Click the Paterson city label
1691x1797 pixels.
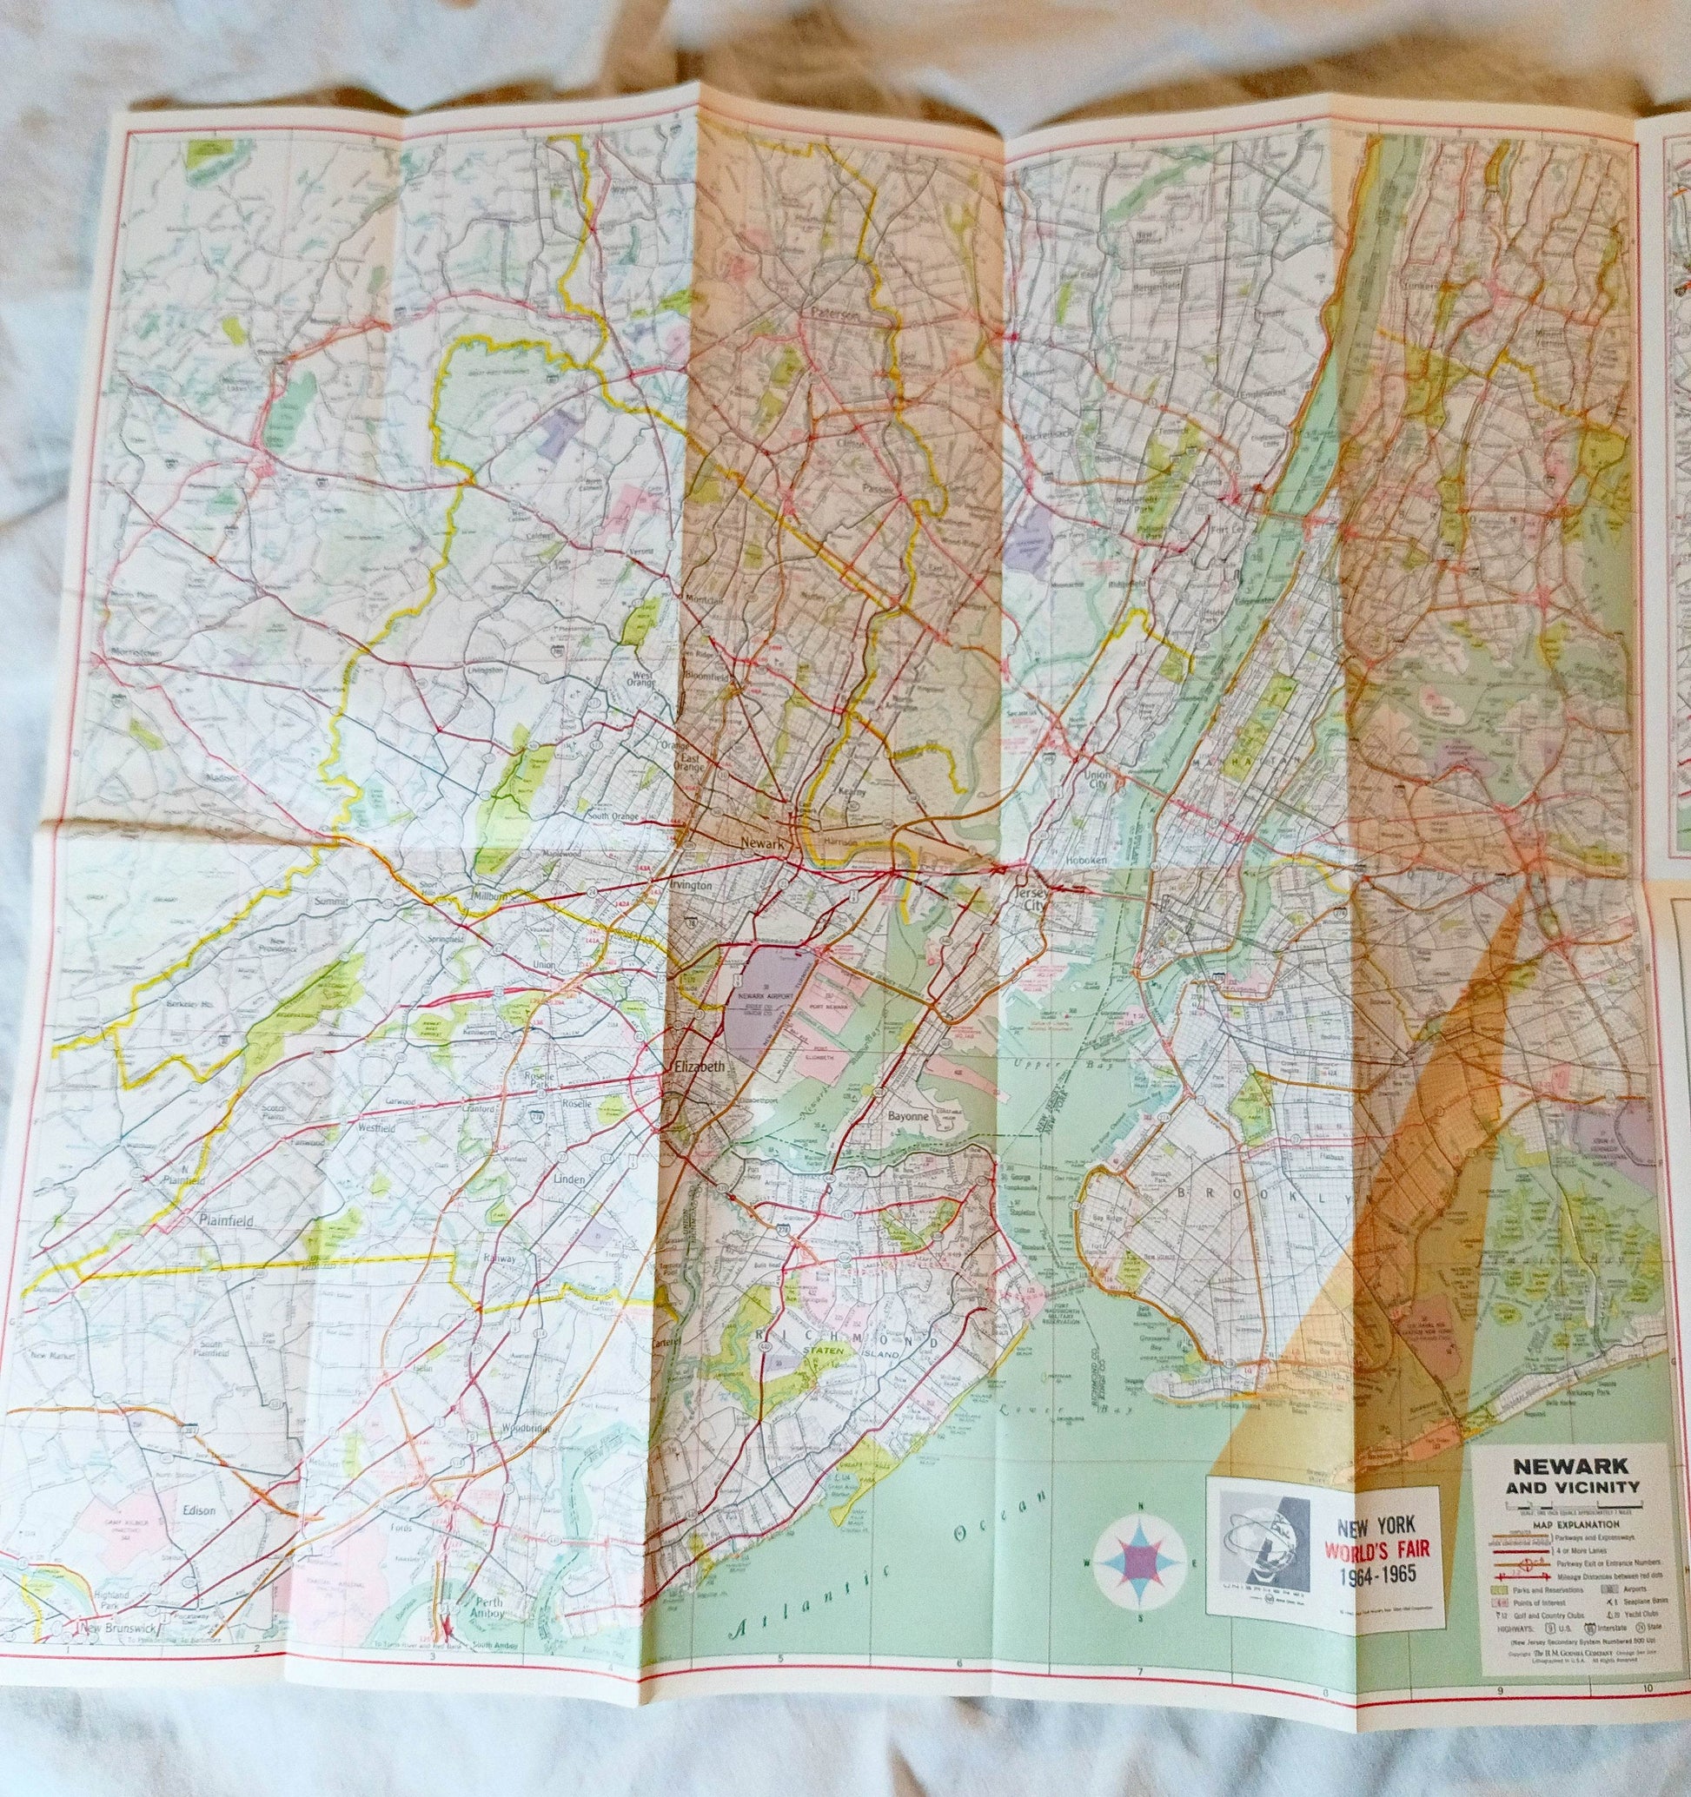pyautogui.click(x=832, y=314)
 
